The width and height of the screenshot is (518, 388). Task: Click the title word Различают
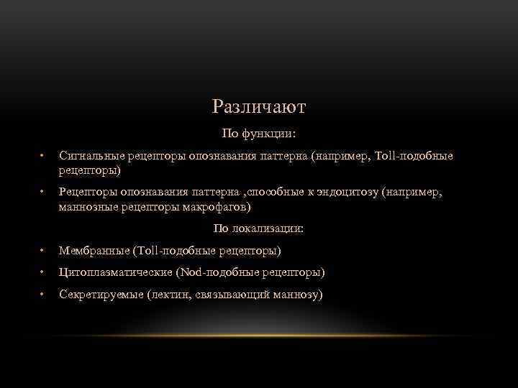point(259,107)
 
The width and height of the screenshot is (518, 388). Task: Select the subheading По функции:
point(259,134)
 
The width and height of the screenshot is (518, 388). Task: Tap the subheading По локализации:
point(259,228)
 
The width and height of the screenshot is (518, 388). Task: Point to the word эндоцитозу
point(346,192)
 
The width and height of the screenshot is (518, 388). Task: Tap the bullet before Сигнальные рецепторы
point(43,156)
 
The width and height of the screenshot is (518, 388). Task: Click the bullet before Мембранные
point(43,251)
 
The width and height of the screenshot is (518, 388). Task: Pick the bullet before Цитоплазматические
point(43,273)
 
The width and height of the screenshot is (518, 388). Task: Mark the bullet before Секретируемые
point(43,295)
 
